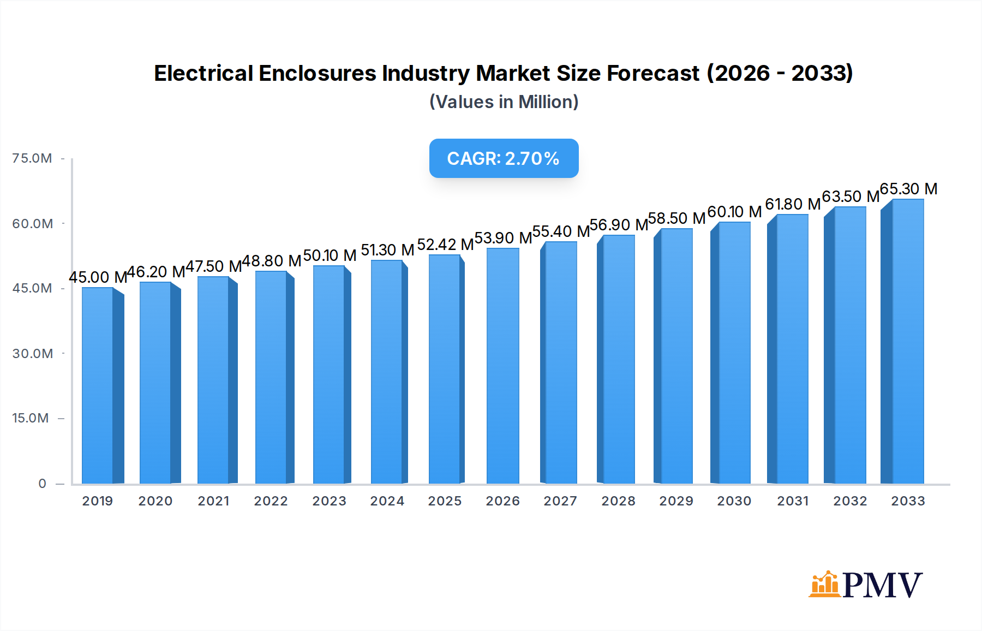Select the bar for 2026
[x=502, y=366]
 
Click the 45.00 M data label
[x=98, y=277]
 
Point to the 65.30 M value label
[x=908, y=189]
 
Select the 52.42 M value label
[x=445, y=245]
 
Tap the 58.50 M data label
[x=676, y=218]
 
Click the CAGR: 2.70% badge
[x=504, y=158]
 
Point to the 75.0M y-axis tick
[x=32, y=158]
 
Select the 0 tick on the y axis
[x=42, y=483]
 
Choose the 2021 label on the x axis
[x=213, y=501]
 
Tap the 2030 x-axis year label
[x=734, y=501]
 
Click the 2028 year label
[x=618, y=501]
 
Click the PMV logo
[x=866, y=584]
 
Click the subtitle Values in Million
[x=504, y=102]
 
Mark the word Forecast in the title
[x=653, y=73]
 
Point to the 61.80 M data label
[x=793, y=204]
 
